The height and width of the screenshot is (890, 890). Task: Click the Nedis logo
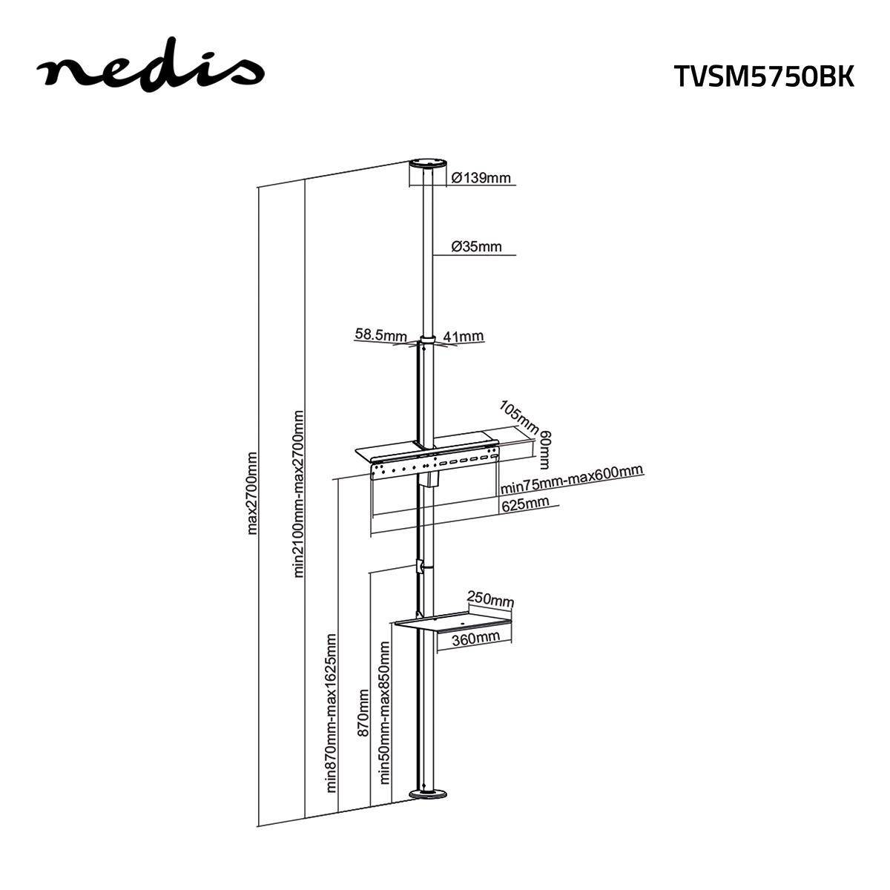tap(151, 68)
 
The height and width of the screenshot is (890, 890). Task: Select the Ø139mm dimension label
tap(481, 178)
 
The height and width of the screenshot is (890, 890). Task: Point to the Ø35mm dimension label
tap(476, 246)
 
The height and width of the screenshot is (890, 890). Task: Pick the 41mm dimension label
tap(463, 337)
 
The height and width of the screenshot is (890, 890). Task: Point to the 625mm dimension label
tap(525, 504)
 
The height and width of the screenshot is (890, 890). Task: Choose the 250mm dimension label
tap(489, 599)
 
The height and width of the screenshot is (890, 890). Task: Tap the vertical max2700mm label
tap(252, 492)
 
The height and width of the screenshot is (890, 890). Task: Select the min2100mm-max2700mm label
tap(299, 493)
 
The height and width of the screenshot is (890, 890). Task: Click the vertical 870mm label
tap(363, 713)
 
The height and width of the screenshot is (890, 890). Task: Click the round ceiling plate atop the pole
tap(429, 164)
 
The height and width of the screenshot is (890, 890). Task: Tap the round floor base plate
tap(429, 795)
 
